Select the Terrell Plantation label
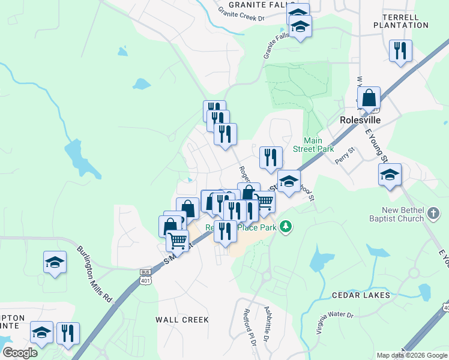(x=401, y=21)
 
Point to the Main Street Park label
(x=313, y=145)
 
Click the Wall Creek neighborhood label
(x=182, y=320)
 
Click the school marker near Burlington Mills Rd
(x=55, y=262)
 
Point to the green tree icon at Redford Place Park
(x=288, y=226)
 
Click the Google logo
(x=19, y=353)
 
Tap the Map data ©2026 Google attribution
(x=411, y=355)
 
